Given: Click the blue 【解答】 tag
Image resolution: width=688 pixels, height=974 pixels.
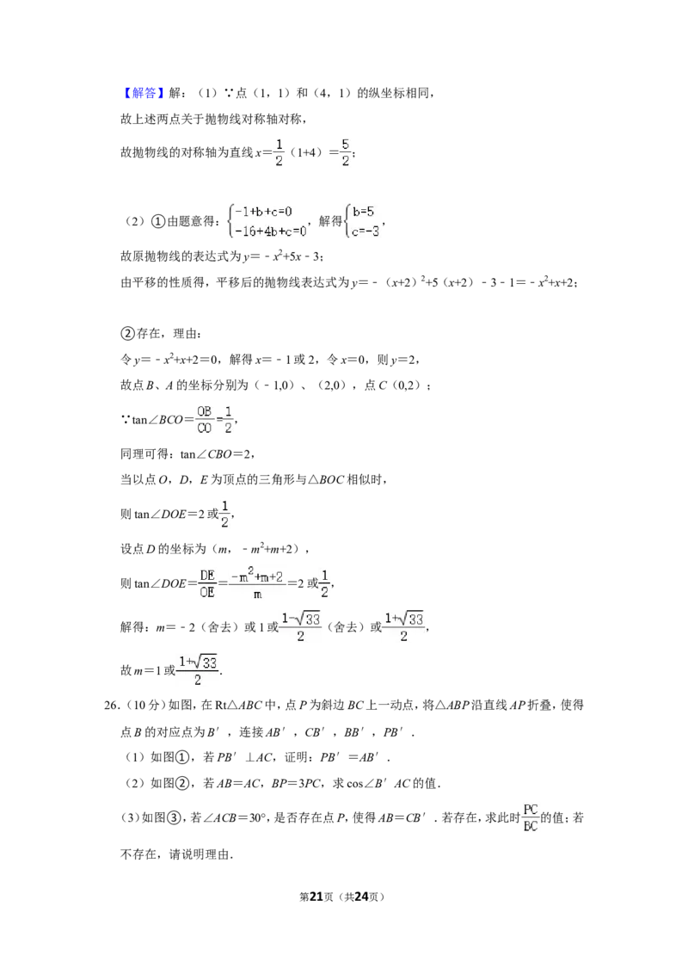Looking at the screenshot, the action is point(142,93).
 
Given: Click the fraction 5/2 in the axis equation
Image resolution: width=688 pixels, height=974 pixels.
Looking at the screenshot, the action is point(345,152).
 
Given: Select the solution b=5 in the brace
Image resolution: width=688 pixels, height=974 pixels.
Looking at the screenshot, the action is point(363,212).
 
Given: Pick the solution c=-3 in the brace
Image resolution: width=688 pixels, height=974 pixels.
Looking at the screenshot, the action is point(365,231).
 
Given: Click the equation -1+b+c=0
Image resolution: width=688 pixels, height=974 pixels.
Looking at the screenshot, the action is point(263,212).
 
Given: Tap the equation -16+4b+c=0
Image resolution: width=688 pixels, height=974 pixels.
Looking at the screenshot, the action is point(271,231).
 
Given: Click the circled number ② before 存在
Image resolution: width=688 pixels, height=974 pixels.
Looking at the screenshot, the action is point(127,334).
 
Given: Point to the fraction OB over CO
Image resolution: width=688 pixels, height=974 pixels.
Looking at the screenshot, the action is point(205,419).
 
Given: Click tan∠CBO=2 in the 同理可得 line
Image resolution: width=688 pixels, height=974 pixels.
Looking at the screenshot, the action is point(215,454).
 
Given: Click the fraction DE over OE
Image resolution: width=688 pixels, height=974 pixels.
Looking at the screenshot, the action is point(207,584).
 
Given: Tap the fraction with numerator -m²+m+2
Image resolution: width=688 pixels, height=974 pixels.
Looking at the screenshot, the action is point(257,583).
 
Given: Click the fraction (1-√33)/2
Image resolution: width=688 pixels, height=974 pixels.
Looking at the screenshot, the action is point(300,626).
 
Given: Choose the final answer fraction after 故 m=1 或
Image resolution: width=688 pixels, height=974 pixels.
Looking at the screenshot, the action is point(198,670).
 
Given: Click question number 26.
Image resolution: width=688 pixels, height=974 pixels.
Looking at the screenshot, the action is point(111,705).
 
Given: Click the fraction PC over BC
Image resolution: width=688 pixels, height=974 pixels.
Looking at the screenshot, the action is point(531,818).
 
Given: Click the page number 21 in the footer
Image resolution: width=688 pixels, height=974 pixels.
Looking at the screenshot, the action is point(316,897).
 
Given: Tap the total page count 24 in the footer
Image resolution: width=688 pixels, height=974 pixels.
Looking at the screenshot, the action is point(361,897).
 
